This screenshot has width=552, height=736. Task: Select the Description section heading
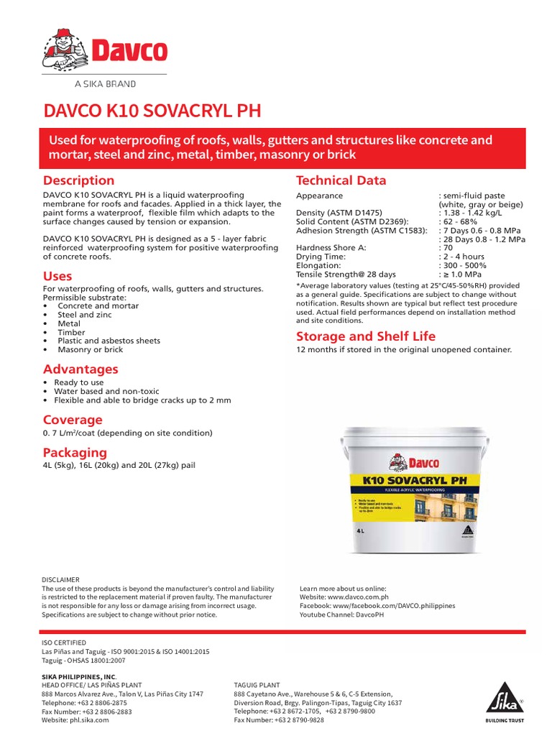(x=78, y=180)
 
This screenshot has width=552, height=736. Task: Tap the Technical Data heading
(x=341, y=180)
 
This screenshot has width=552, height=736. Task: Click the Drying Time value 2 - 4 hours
(x=464, y=257)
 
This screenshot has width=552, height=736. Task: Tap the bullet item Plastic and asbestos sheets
(x=109, y=341)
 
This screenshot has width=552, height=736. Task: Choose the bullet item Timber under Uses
(x=71, y=332)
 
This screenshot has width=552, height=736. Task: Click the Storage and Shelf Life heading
(x=366, y=336)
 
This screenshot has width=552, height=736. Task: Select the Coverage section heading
(x=73, y=419)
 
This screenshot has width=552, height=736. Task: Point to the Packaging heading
(x=75, y=452)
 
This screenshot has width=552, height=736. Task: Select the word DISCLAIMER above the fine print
(x=61, y=579)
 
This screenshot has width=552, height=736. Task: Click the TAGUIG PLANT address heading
(x=257, y=685)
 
